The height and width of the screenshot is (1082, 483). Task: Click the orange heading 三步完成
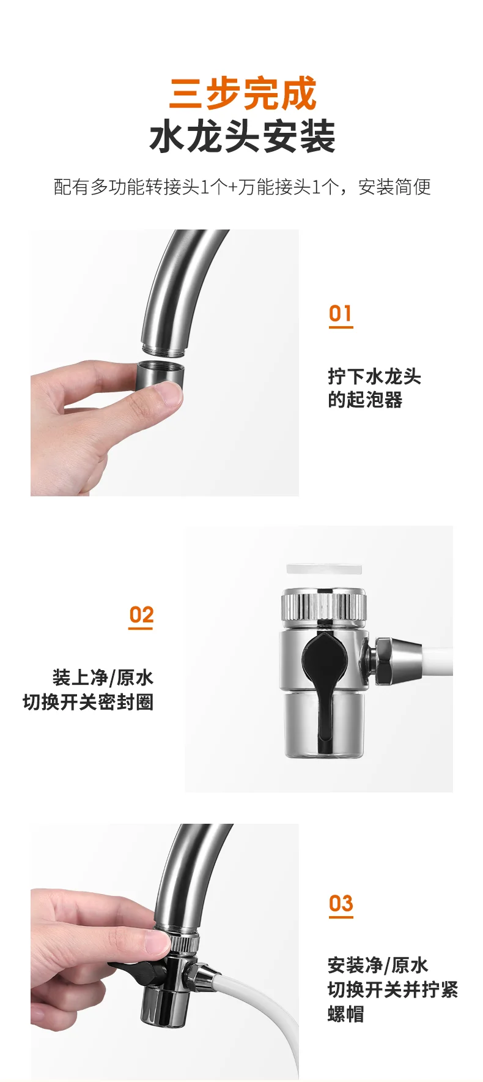[x=243, y=93]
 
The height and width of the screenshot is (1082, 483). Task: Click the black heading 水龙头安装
[x=243, y=136]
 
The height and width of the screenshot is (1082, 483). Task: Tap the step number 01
[x=341, y=314]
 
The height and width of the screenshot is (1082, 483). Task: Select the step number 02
[x=141, y=614]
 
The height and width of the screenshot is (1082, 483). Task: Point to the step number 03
[x=341, y=903]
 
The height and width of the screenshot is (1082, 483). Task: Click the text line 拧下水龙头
[x=374, y=376]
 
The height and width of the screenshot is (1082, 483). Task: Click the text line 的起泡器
[x=365, y=400]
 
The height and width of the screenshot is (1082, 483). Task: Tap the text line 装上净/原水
[x=103, y=677]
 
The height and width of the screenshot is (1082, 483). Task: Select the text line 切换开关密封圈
[x=88, y=702]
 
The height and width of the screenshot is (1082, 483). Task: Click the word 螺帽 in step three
[x=346, y=1014]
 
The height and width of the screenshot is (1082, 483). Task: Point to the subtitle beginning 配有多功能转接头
[x=242, y=187]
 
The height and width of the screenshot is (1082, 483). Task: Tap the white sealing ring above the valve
[x=324, y=569]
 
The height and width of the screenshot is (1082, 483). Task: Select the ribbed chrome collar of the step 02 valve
[x=324, y=605]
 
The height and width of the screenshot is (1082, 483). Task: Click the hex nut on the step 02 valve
[x=383, y=661]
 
